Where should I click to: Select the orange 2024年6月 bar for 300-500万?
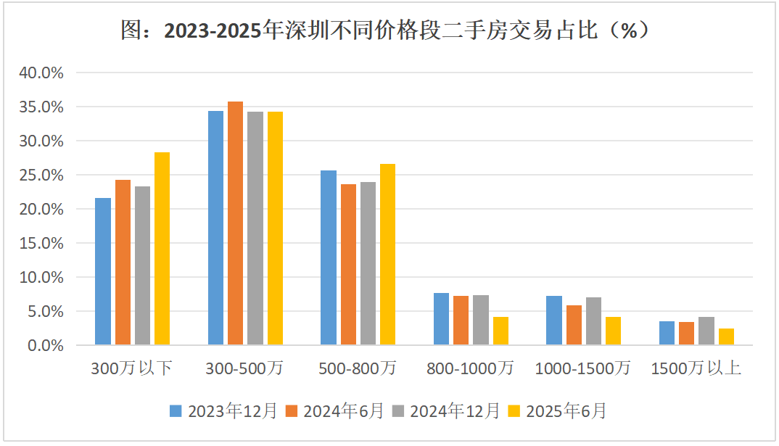[235, 223]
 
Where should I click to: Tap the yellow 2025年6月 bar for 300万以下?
[162, 249]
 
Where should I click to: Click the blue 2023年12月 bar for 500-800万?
[329, 257]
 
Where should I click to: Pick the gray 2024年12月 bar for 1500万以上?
[706, 331]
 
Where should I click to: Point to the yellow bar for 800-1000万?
[500, 331]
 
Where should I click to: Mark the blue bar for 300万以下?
[103, 271]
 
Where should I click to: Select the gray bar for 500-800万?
[368, 263]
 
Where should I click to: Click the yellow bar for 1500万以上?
[726, 336]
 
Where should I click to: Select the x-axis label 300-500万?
[245, 368]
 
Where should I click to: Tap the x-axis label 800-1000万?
[471, 368]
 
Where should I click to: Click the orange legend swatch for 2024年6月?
[292, 412]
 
